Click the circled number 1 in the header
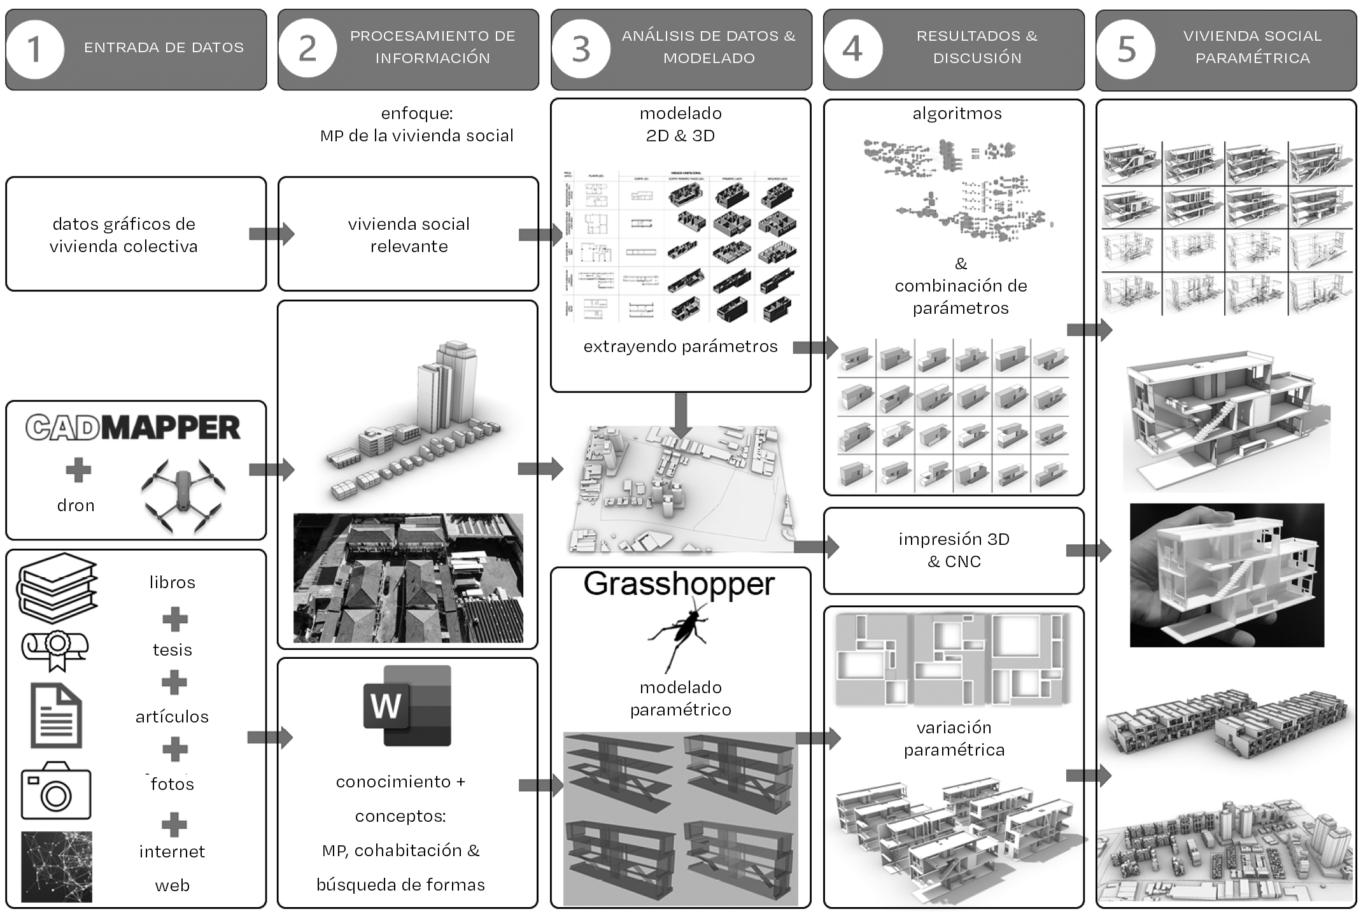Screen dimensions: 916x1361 (35, 49)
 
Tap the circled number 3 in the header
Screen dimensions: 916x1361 (581, 49)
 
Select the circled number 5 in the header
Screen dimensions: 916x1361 (1126, 49)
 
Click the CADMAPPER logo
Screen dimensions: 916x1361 (133, 428)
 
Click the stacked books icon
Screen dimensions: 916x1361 (57, 586)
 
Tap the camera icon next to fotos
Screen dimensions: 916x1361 (56, 791)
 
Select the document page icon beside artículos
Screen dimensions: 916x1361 (57, 715)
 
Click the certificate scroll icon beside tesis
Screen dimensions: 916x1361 (55, 649)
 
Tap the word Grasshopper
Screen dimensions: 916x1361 (679, 584)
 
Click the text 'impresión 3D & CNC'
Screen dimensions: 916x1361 (954, 550)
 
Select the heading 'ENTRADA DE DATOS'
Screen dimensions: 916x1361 (164, 48)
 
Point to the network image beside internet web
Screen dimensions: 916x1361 (57, 866)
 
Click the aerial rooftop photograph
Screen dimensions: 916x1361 (408, 578)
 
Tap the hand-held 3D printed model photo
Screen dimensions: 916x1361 (1227, 575)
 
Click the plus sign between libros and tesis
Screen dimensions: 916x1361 (174, 619)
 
